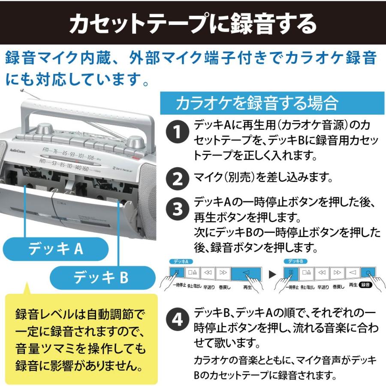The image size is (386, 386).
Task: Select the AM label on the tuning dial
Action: coord(42,162)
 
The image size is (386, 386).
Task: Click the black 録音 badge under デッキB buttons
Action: coord(368,285)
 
